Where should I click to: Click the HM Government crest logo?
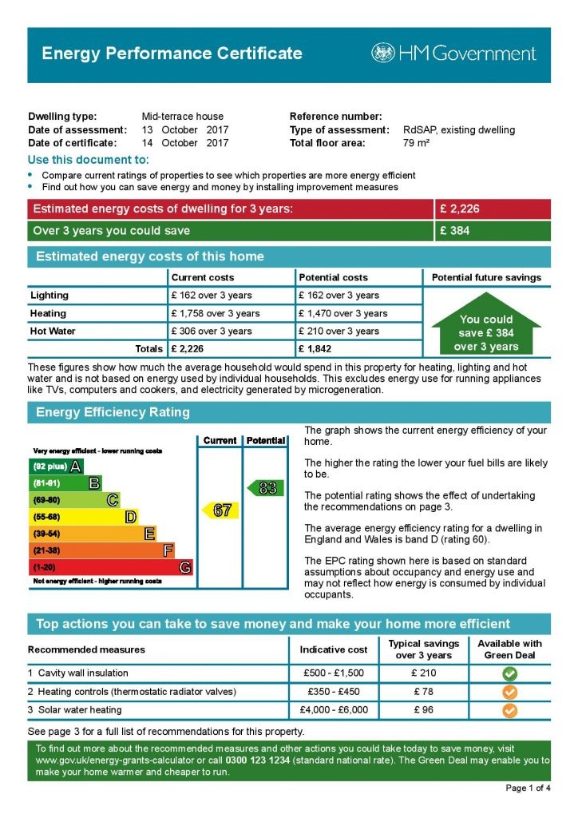pos(383,54)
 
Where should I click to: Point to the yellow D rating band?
pos(83,517)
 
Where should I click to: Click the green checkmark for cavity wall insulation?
pos(509,673)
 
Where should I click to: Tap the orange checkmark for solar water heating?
pos(509,709)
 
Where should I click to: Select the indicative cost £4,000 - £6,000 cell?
pos(331,709)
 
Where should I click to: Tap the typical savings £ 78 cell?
pos(423,692)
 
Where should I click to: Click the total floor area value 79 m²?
pos(417,143)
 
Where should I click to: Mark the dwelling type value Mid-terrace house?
pos(183,117)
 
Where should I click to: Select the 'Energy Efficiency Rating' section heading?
pos(113,413)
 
